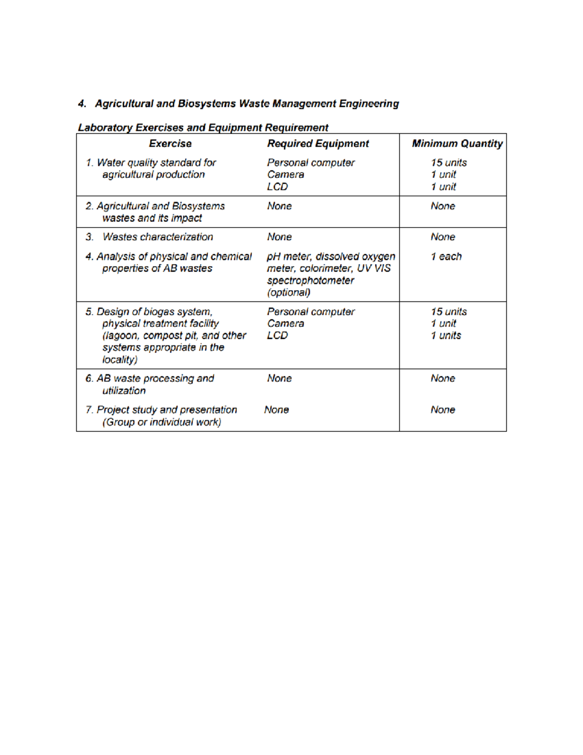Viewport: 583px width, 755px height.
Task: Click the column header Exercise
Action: pos(170,143)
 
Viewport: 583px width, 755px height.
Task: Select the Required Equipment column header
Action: pos(318,143)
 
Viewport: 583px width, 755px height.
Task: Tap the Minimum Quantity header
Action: pos(457,143)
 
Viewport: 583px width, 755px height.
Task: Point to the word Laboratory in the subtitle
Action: pos(105,127)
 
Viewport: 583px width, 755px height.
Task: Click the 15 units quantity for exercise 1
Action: pos(448,163)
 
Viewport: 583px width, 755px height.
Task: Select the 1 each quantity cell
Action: pos(446,256)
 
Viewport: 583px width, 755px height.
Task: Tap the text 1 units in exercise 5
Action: pos(446,335)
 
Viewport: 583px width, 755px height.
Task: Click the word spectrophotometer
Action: pos(310,281)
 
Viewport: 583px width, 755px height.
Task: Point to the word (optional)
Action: pos(289,293)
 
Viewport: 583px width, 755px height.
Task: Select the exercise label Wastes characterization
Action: pos(157,237)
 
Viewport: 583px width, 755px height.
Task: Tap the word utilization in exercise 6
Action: pos(123,390)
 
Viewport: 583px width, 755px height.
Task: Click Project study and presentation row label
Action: pos(167,410)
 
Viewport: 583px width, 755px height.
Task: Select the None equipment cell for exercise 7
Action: pos(276,410)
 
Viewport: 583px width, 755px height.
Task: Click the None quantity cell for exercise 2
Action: pos(443,206)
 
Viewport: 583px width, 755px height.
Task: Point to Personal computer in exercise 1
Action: pos(310,163)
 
